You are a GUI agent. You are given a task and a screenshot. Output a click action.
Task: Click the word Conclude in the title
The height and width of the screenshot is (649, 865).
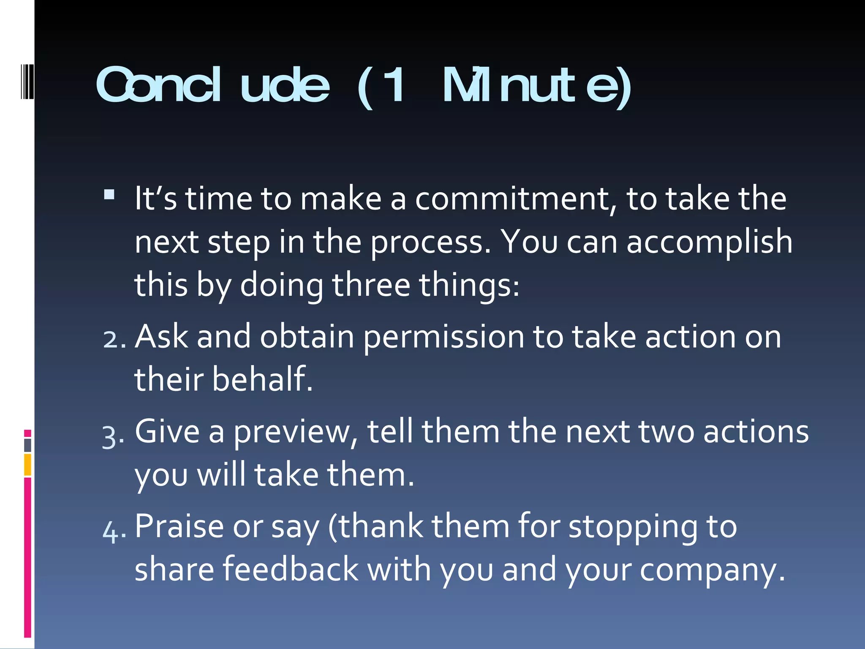point(212,85)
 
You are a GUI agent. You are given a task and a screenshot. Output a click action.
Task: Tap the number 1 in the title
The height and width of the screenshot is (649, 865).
point(395,85)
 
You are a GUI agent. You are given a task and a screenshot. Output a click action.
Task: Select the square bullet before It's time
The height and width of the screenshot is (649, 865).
point(109,194)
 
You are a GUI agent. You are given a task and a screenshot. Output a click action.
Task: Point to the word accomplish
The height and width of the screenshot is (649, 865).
point(709,242)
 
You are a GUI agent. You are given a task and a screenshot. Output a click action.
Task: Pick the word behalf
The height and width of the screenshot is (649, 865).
point(261,379)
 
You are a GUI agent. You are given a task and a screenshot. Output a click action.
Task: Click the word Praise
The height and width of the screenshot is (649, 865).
point(179,526)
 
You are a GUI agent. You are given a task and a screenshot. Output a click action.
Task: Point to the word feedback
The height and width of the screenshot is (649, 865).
point(290,569)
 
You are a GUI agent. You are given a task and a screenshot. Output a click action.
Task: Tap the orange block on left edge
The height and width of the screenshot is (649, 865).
point(27,464)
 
